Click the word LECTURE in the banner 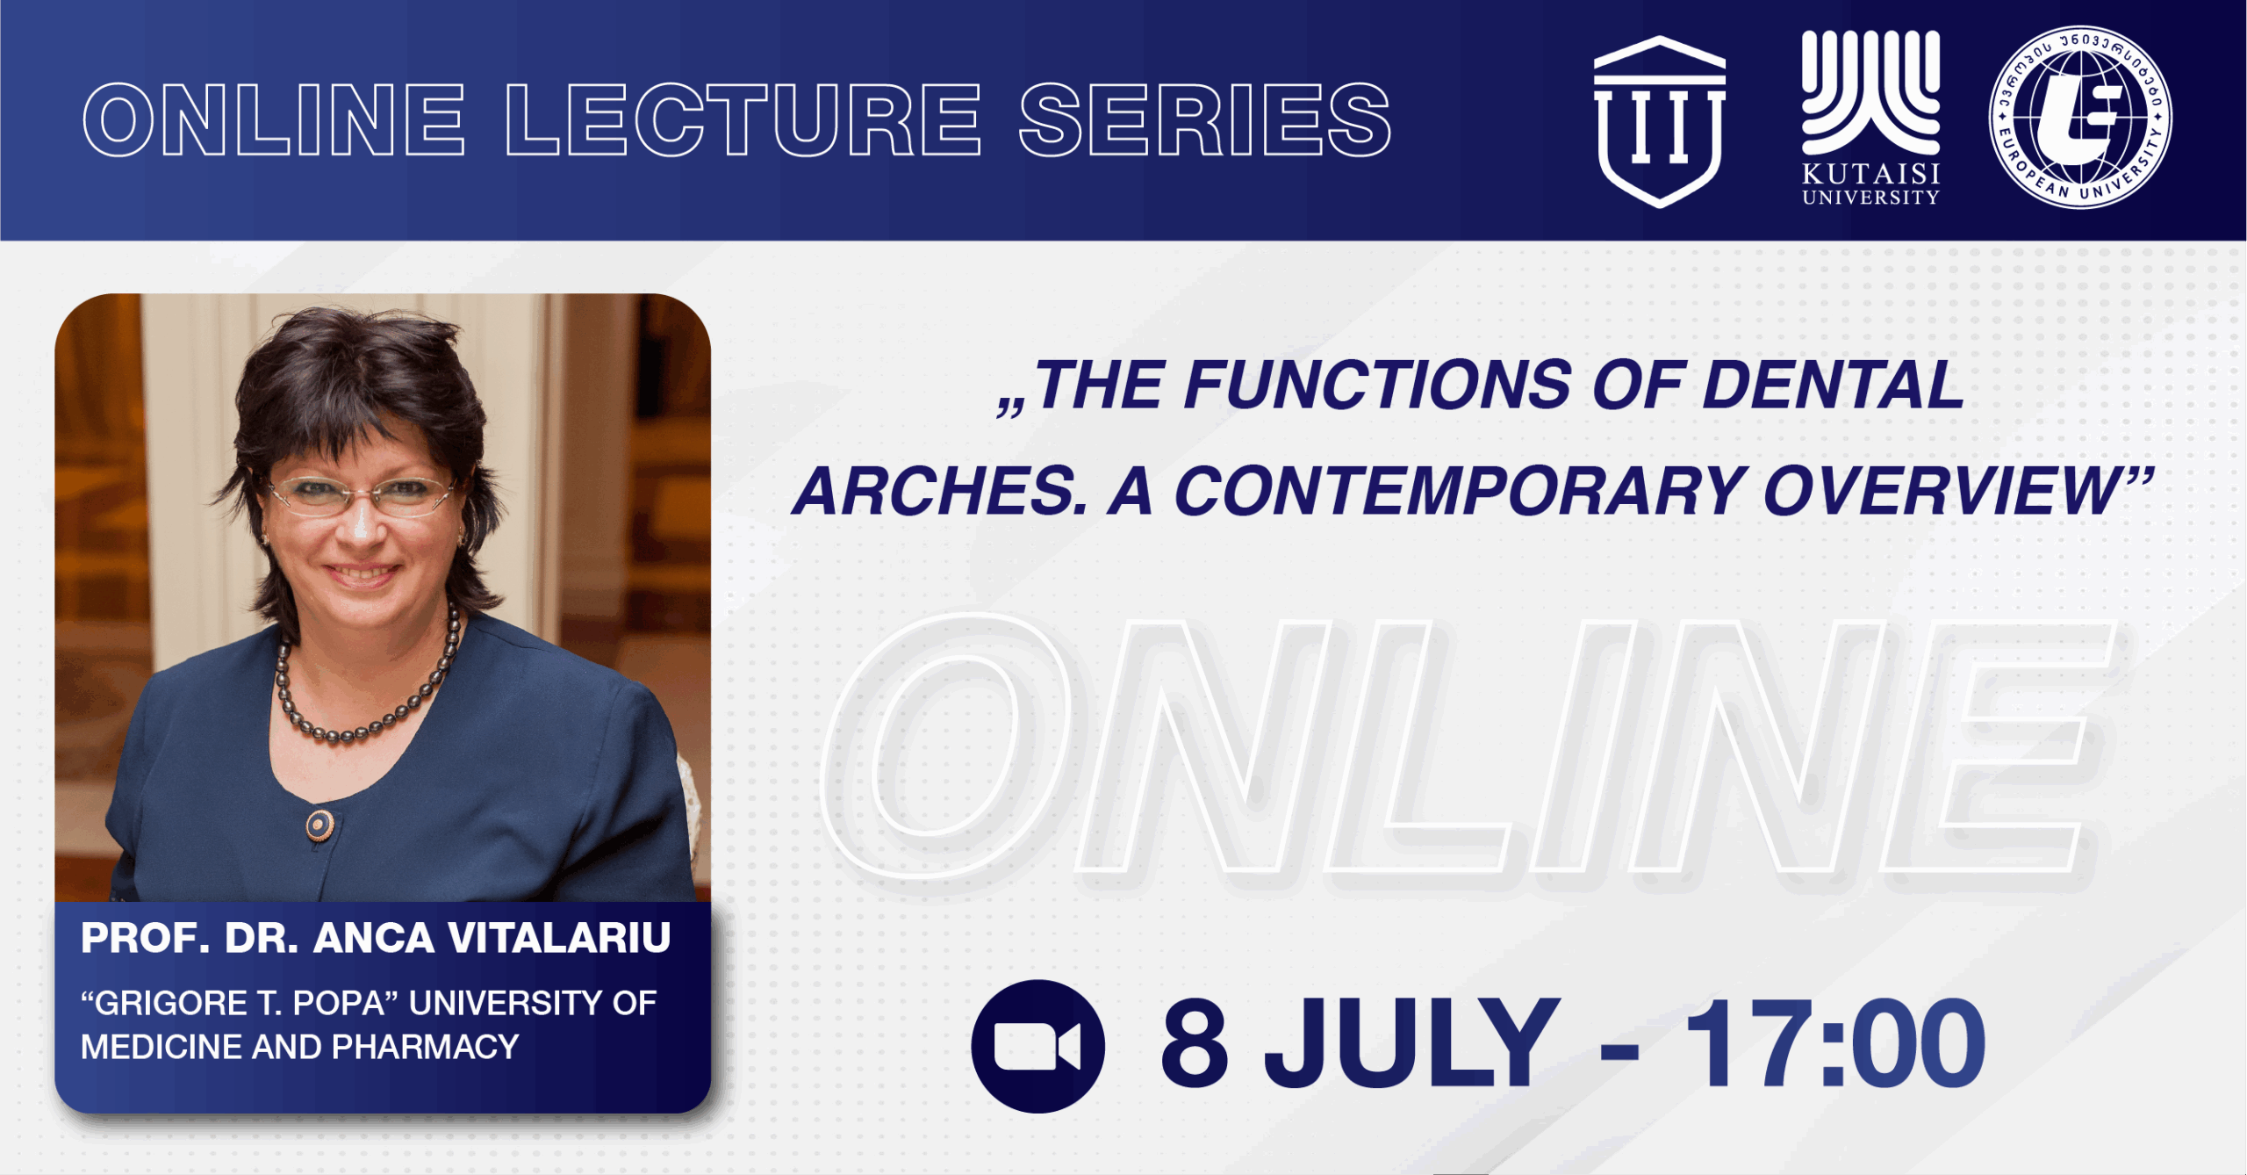743,119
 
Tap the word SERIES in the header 1205,119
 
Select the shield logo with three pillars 1659,121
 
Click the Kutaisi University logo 1870,118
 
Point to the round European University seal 2080,118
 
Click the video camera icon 1037,1046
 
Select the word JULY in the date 1411,1043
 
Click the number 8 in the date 1194,1043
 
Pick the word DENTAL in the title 1833,385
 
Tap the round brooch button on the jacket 319,825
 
